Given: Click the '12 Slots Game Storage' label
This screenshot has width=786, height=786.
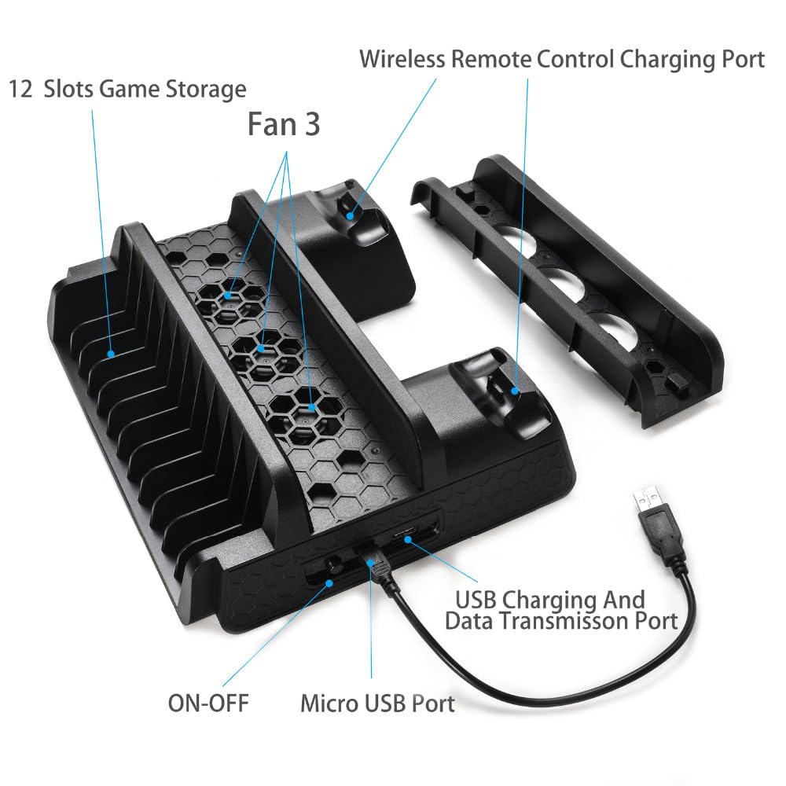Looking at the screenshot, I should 127,89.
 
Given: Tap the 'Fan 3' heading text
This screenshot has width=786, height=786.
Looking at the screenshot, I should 284,123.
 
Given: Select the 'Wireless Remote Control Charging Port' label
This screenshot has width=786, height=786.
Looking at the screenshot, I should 562,59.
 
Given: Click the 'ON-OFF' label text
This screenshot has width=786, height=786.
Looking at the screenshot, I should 208,702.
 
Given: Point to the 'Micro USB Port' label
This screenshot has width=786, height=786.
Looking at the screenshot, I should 377,703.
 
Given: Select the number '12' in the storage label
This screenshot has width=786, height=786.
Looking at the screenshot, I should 21,89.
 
